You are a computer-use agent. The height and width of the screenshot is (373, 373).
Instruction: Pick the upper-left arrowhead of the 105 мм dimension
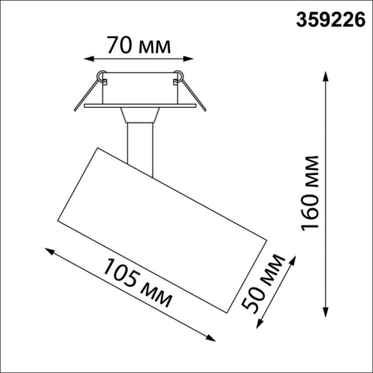click(x=48, y=249)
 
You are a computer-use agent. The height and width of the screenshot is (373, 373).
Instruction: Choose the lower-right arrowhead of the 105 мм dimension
click(x=211, y=337)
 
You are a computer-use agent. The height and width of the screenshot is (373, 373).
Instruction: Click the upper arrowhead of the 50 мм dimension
click(x=293, y=259)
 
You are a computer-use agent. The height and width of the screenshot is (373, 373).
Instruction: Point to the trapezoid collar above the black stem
click(x=139, y=115)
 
